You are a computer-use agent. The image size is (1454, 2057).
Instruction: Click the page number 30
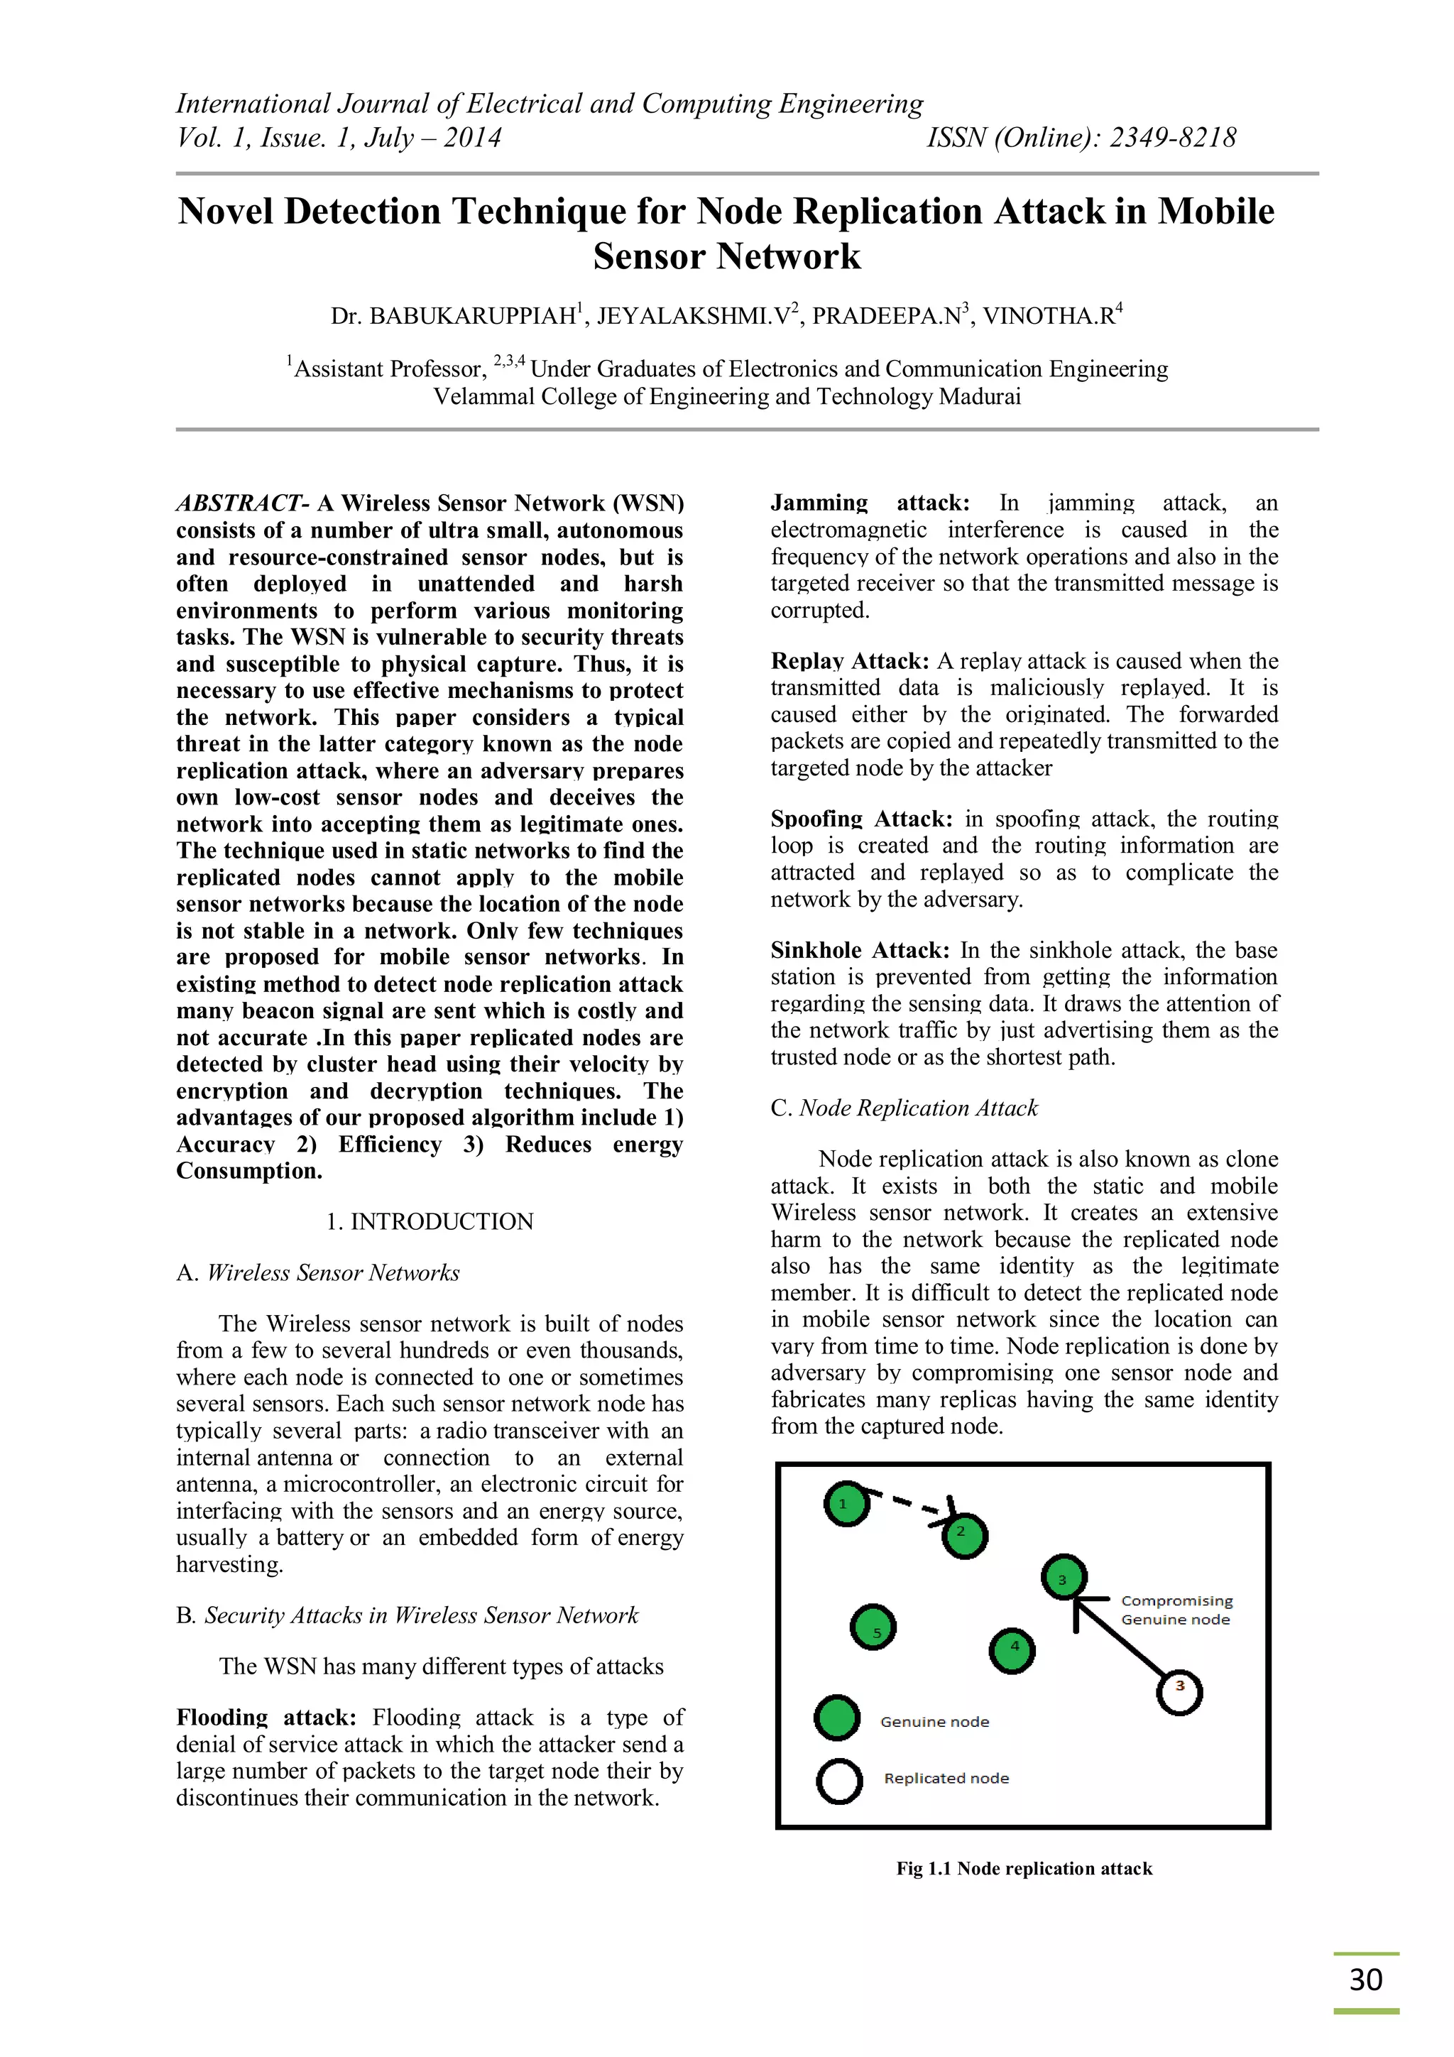point(1365,1979)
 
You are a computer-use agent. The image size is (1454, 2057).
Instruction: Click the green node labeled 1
point(846,1504)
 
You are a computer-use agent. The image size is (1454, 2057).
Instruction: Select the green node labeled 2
point(964,1536)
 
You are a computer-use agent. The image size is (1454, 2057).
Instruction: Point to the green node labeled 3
point(1064,1577)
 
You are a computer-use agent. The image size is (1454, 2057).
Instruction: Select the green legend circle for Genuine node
point(837,1718)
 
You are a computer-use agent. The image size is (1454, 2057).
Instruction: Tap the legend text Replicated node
point(946,1779)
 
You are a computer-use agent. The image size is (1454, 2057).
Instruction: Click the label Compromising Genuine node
point(1176,1610)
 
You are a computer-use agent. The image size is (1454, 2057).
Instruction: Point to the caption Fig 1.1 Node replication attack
point(1024,1868)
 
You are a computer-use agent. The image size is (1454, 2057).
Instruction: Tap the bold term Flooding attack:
point(266,1718)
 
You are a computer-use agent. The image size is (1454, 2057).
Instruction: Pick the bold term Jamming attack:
point(869,503)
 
